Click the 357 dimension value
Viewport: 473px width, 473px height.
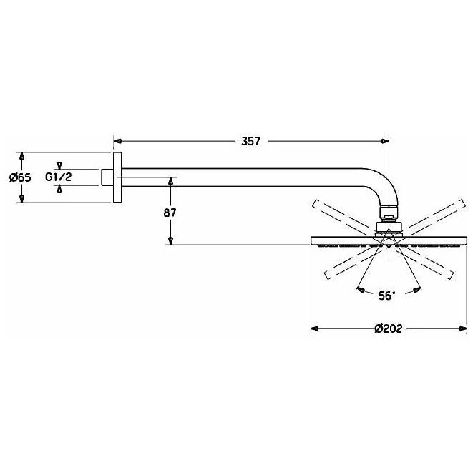click(250, 141)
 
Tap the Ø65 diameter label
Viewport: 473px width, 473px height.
click(20, 177)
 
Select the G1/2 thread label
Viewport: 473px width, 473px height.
click(59, 177)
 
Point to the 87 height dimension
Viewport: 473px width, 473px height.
click(170, 213)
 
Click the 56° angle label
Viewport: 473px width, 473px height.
click(386, 296)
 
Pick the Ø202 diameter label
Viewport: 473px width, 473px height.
click(389, 328)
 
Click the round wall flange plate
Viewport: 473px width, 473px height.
click(117, 177)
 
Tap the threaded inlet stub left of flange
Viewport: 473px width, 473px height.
click(107, 177)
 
